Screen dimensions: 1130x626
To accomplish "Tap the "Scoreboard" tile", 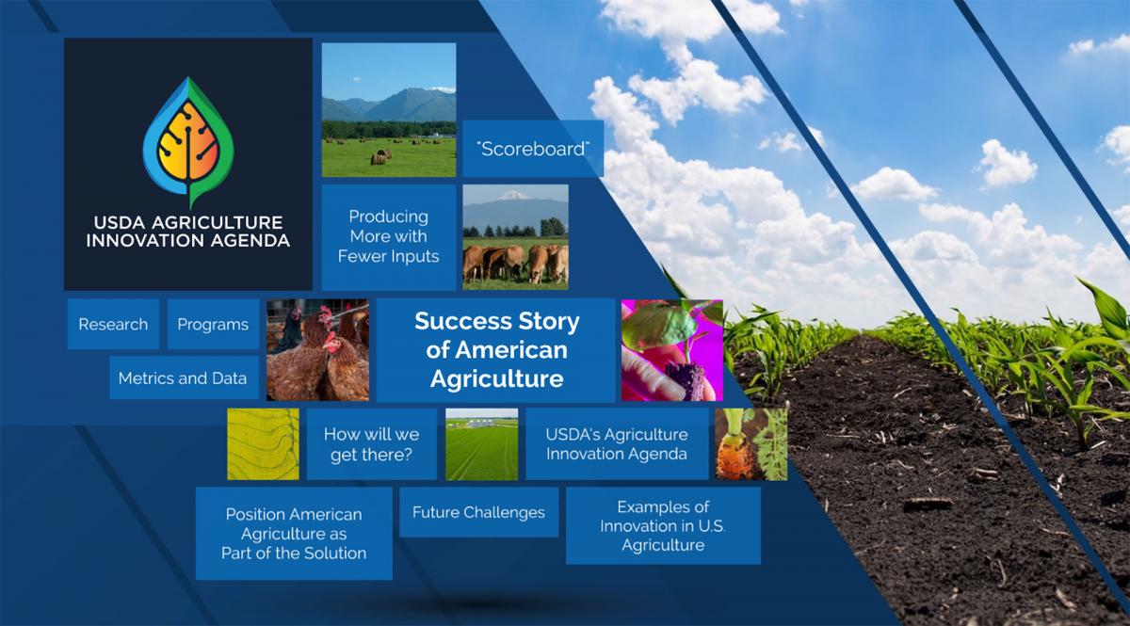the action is (x=533, y=149).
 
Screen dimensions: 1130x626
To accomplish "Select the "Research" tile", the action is (x=114, y=324).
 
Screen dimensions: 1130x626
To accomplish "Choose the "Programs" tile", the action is (x=213, y=324).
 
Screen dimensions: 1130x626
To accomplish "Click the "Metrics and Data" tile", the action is (x=184, y=377).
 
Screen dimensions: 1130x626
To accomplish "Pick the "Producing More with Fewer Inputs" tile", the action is (x=388, y=236).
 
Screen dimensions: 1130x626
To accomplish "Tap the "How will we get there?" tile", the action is (x=372, y=444).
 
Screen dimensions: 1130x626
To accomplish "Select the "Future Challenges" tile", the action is (x=478, y=512).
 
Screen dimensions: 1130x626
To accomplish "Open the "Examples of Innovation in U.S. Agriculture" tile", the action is (x=663, y=525).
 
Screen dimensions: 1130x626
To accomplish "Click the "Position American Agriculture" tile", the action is (x=294, y=533).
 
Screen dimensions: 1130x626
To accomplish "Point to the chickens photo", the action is (x=318, y=350).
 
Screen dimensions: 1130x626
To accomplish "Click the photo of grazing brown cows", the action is (x=516, y=237).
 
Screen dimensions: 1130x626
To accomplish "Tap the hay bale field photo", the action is (x=389, y=110).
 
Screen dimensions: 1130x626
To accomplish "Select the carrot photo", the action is (x=751, y=444).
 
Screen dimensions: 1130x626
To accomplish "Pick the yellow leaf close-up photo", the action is (x=264, y=444).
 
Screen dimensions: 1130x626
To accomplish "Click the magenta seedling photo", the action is (x=672, y=350).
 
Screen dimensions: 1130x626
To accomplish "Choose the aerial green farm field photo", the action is (x=482, y=444).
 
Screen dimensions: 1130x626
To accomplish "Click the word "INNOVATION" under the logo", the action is (x=145, y=240).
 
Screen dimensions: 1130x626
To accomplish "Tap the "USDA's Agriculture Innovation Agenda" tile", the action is (x=617, y=444).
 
